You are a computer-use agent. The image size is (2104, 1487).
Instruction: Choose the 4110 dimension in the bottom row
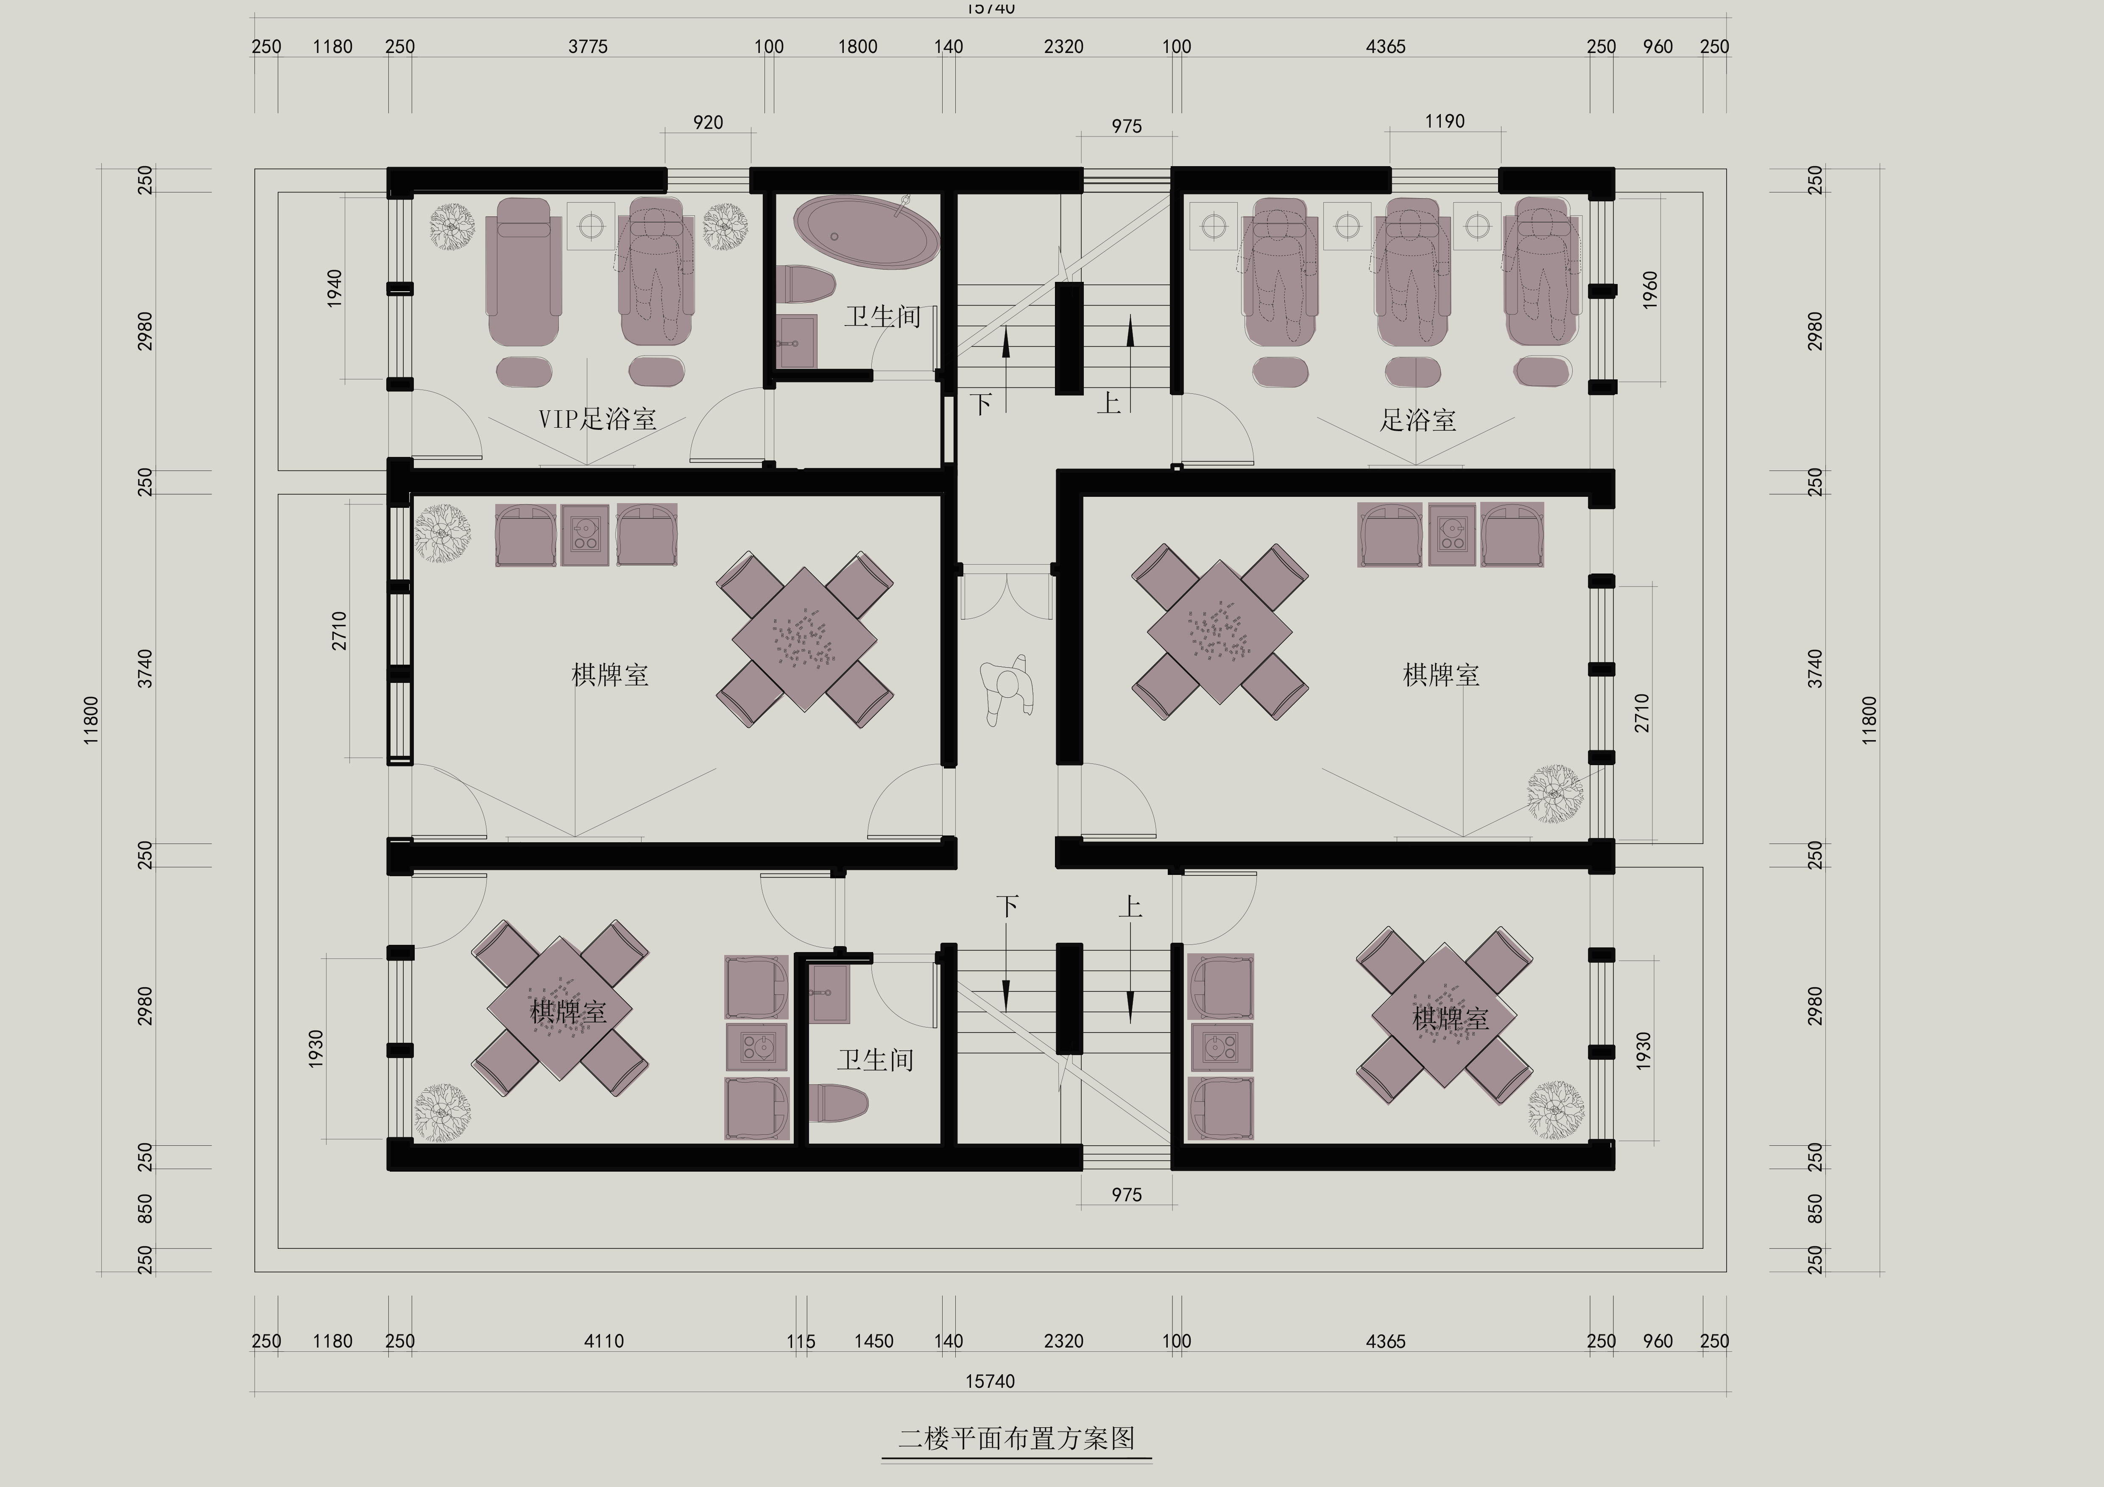604,1341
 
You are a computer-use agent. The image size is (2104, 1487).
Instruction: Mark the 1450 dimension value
873,1341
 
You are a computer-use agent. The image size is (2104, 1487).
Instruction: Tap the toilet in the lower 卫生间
838,1104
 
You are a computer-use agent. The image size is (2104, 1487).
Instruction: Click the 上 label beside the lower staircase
1130,907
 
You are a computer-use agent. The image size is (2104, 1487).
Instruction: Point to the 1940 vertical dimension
335,288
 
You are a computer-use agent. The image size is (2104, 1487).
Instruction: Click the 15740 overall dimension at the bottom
991,1381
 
